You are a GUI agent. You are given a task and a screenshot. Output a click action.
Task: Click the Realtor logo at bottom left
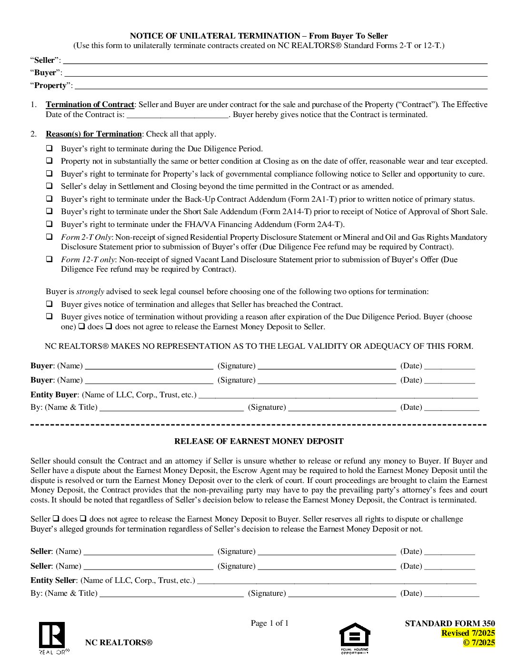click(x=52, y=637)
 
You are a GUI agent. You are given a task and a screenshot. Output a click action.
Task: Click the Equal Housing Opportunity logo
click(x=355, y=637)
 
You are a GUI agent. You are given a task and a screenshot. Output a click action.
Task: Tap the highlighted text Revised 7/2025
click(x=468, y=633)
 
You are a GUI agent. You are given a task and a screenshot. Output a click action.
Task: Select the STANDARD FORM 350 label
click(x=449, y=623)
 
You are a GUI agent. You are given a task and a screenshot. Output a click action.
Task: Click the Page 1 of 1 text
click(x=269, y=623)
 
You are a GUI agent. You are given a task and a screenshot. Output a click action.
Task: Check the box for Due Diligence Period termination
click(x=49, y=148)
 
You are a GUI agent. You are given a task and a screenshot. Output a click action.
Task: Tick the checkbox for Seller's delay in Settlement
click(x=49, y=186)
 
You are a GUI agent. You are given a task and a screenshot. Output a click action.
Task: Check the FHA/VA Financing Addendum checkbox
click(x=49, y=224)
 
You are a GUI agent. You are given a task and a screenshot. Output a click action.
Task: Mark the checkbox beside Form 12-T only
click(x=49, y=259)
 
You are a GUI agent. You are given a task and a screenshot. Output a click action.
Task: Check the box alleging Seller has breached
click(x=49, y=304)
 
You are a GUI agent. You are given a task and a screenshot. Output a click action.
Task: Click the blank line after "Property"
click(x=281, y=86)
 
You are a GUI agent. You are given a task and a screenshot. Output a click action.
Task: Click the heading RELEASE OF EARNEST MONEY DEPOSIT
click(x=259, y=442)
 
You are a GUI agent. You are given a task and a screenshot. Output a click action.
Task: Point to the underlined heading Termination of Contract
click(x=90, y=105)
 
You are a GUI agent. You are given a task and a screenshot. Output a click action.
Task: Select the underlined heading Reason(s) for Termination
click(x=94, y=134)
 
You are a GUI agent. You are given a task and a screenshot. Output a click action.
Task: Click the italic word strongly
click(x=90, y=292)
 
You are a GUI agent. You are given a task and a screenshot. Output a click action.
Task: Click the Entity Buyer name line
click(x=338, y=395)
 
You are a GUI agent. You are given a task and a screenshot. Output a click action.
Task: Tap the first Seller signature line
click(x=327, y=552)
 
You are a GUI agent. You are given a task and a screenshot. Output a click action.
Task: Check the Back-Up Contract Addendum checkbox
click(x=49, y=199)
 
